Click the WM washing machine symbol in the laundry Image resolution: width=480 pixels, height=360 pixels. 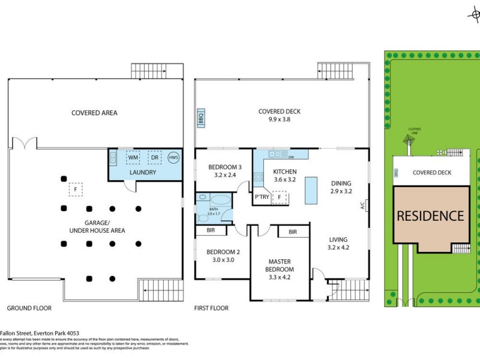coord(133,157)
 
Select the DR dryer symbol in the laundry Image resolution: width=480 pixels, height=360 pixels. coord(154,157)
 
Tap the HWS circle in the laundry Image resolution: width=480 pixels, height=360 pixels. coord(173,157)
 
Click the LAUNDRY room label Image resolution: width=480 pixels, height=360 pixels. coord(142,172)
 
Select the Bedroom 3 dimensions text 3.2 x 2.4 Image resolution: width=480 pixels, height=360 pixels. coord(225,176)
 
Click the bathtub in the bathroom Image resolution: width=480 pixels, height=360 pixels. coord(220,200)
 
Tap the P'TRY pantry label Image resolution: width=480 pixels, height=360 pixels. coord(262,197)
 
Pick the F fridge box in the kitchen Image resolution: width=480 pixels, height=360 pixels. coord(280,197)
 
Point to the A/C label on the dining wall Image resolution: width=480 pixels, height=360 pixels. coord(362,205)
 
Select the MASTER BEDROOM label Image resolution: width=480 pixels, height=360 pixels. coord(280,265)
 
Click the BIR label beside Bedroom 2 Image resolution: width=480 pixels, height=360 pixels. coord(211,230)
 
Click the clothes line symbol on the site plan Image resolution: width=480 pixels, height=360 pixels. coord(409,140)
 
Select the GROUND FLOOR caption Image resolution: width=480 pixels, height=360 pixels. coord(29,308)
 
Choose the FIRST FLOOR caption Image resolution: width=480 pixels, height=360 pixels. coord(211,308)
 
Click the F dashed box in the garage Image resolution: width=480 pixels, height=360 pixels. coord(76,189)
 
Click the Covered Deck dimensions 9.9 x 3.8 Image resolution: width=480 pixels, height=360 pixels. coord(279,119)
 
